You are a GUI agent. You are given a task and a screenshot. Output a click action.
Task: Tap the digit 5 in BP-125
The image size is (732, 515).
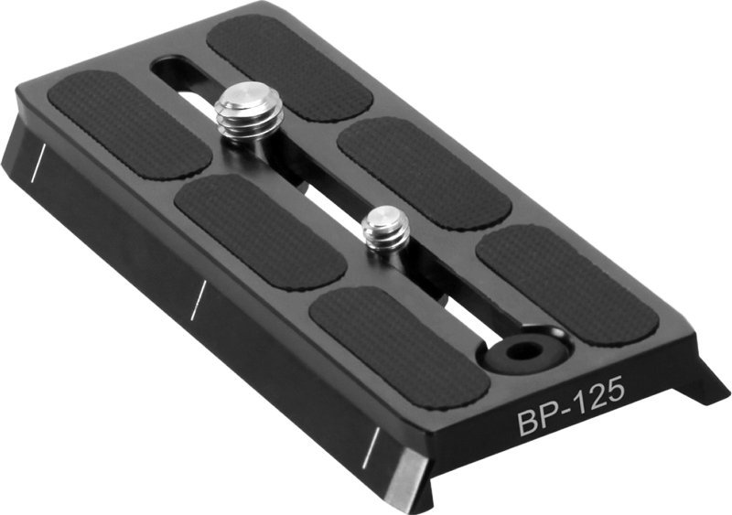tap(614, 390)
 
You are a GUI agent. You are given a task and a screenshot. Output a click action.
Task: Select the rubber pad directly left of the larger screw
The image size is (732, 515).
tap(129, 123)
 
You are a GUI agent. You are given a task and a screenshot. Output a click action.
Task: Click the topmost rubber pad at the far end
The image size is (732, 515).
tap(287, 67)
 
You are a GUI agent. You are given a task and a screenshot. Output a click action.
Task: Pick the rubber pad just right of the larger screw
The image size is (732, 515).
tap(424, 171)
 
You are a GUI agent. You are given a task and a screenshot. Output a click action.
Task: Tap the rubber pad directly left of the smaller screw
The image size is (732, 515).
tap(259, 231)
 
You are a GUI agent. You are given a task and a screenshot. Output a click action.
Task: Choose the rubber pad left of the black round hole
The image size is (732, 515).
tap(398, 346)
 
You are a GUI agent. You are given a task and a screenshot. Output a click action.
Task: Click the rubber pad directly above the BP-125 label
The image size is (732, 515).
tap(566, 284)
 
